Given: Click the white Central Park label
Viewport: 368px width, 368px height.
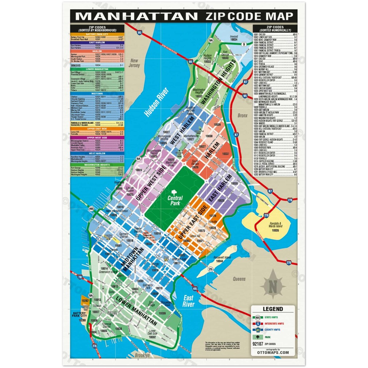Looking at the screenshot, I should click(175, 201).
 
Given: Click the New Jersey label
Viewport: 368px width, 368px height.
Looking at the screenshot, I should click(135, 63).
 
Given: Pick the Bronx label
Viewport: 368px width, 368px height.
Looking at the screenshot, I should click(243, 116).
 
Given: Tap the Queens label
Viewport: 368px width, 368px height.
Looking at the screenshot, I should click(239, 279).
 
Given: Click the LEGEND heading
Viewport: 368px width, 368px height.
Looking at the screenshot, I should click(273, 309).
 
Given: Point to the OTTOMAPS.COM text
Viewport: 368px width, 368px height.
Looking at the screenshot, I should click(273, 353).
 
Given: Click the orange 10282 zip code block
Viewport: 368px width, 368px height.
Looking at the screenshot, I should click(85, 301).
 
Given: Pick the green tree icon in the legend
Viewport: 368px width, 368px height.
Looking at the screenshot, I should click(258, 337).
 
